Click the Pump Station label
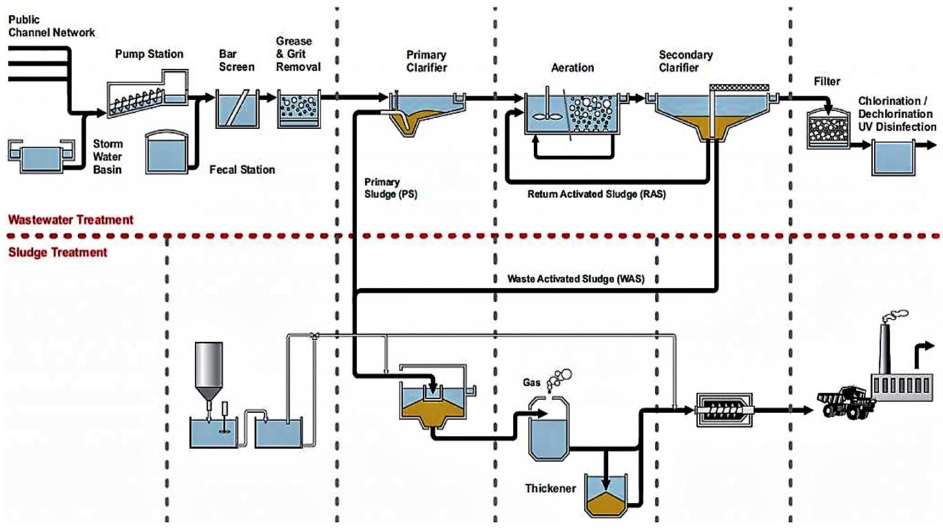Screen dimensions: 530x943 [x=149, y=54]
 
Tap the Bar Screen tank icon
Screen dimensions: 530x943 [x=236, y=109]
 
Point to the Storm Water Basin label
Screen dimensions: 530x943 [x=108, y=156]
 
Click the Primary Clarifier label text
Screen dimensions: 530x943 [x=426, y=61]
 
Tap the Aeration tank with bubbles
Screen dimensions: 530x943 [x=571, y=112]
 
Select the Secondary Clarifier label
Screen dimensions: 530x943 [x=685, y=61]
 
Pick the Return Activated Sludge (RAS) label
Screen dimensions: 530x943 [x=597, y=194]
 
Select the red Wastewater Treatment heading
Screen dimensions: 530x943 [x=70, y=220]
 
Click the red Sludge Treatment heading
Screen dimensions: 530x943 [x=58, y=252]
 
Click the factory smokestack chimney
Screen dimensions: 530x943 [x=885, y=351]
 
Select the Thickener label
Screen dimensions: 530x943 [x=550, y=489]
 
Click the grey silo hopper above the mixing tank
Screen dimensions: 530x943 [x=209, y=369]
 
